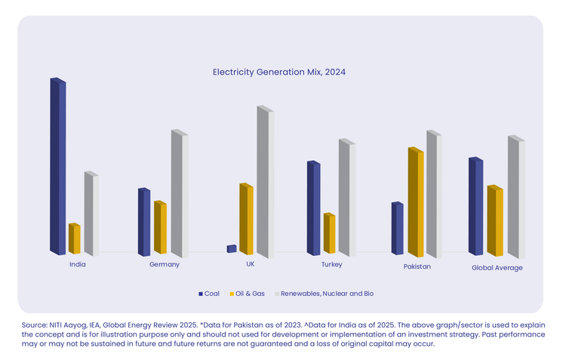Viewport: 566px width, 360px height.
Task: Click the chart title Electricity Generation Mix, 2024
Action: (278, 72)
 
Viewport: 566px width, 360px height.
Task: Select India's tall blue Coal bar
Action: (57, 166)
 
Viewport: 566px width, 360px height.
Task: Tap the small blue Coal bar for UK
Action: (231, 248)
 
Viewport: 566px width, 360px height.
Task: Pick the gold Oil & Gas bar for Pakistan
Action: (416, 202)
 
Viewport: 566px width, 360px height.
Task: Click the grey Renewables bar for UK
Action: (264, 182)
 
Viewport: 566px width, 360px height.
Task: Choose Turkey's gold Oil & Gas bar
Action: (329, 233)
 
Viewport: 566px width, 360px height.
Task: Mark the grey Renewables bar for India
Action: (91, 214)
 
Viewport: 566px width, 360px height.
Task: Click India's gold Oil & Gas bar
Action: (74, 238)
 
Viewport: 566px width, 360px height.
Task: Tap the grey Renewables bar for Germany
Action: (179, 193)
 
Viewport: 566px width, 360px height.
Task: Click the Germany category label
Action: (165, 264)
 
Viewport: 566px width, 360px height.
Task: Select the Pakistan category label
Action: (417, 266)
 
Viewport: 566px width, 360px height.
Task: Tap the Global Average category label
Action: (497, 267)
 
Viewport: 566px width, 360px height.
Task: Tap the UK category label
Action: (251, 264)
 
